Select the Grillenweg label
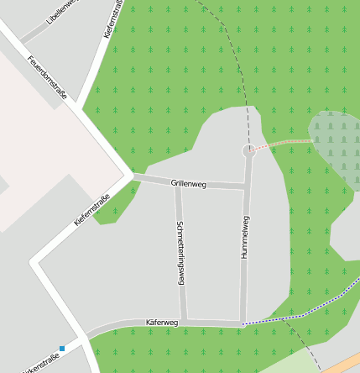pos(188,182)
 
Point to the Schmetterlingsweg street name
pos(180,253)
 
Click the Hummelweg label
pos(245,237)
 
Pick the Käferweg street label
pos(162,322)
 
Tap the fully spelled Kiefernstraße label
pos(92,209)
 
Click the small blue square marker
pos(62,349)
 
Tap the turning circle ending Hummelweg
pos(249,151)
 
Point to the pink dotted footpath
pos(284,144)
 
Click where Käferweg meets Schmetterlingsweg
pos(184,322)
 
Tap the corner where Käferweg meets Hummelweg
pos(242,323)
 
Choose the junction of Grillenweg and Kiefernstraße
pos(131,176)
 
